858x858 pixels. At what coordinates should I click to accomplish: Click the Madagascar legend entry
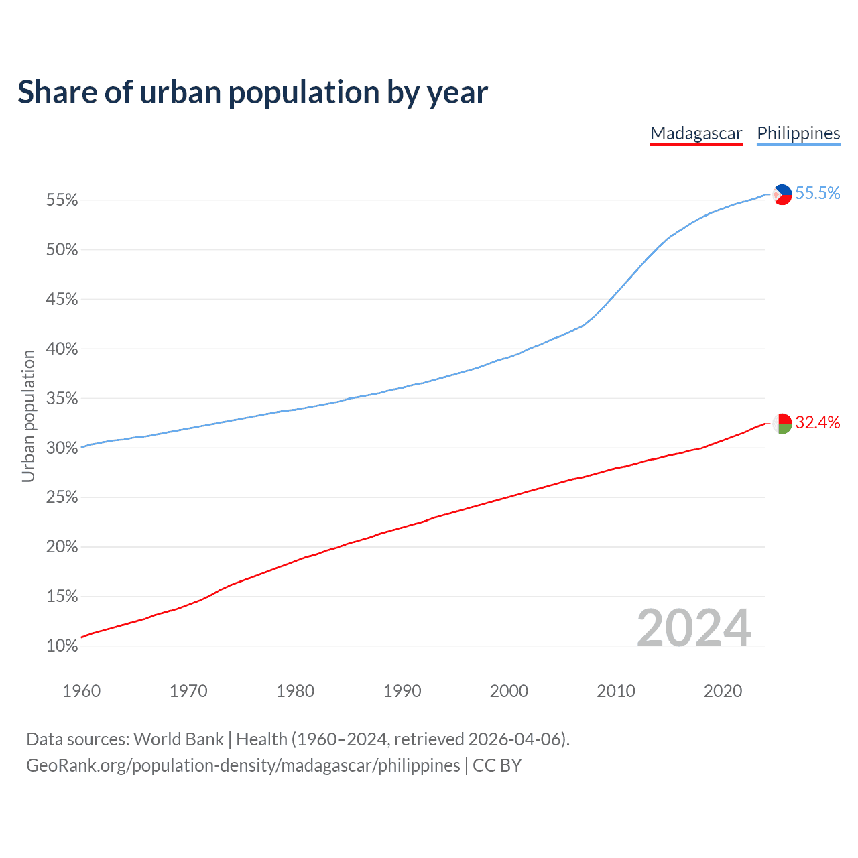696,133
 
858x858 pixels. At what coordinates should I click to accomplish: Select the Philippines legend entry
798,133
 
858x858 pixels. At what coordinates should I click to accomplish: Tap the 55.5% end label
817,194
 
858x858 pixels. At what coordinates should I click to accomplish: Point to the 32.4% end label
817,422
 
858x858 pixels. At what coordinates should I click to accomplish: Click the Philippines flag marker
782,194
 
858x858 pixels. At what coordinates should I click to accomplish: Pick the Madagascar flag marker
782,424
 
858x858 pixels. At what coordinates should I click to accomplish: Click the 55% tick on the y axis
62,200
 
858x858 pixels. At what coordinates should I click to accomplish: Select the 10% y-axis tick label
62,646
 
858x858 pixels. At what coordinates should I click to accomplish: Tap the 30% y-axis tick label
62,448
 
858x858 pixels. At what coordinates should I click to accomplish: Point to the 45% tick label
62,300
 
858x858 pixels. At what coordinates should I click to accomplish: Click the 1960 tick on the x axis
81,691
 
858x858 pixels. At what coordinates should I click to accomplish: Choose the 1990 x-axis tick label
402,691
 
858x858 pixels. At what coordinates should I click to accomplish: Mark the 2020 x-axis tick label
723,691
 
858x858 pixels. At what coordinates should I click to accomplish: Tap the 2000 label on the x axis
509,691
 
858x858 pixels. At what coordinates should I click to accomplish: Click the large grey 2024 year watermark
693,628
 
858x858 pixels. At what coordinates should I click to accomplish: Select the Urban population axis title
28,416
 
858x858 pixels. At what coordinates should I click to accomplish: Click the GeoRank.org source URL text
243,765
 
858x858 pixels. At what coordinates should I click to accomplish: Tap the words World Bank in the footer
178,739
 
